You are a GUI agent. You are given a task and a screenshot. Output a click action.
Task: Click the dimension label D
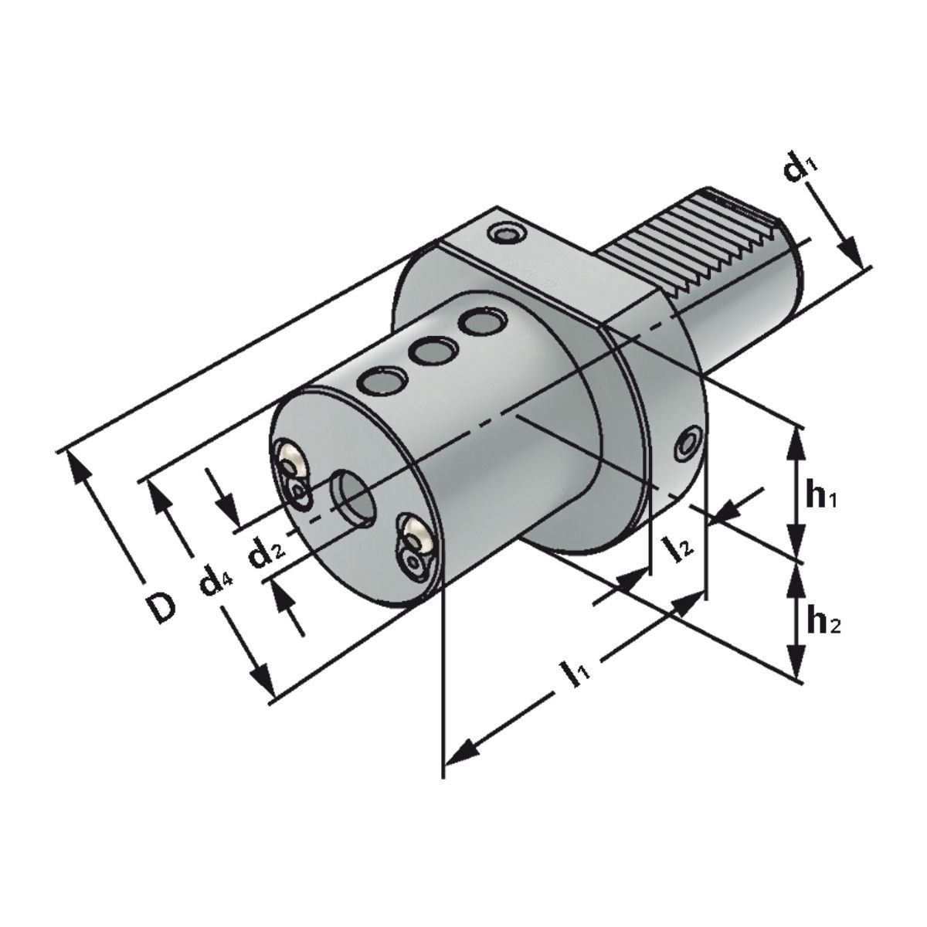click(161, 607)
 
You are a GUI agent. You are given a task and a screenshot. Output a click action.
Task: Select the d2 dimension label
click(266, 554)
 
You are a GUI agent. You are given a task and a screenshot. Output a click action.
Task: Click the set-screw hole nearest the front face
click(382, 382)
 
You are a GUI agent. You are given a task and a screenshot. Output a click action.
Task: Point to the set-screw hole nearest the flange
click(483, 321)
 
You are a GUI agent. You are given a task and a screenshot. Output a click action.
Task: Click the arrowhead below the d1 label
click(850, 252)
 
